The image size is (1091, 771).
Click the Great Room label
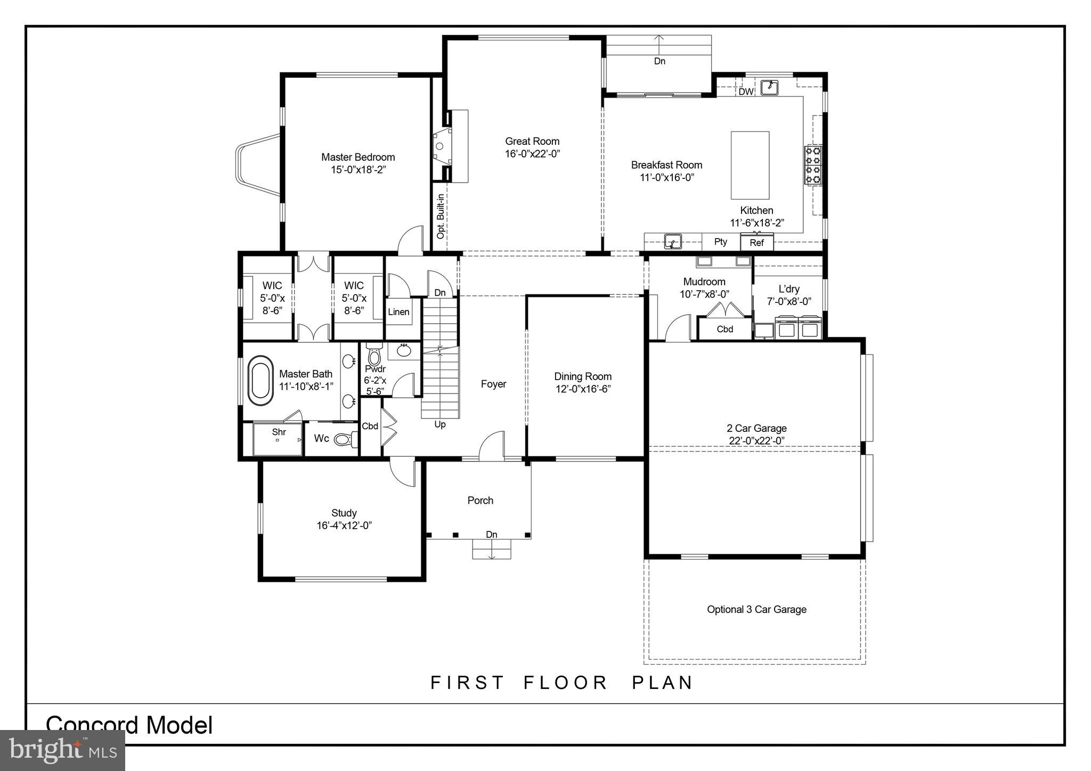[532, 142]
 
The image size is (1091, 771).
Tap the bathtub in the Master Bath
[260, 380]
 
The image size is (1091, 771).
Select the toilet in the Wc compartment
[345, 439]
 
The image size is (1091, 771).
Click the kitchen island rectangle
[750, 165]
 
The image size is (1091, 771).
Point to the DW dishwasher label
[746, 92]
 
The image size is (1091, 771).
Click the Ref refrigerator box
[756, 243]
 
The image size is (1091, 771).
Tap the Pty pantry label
[720, 242]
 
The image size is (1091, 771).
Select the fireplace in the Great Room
[442, 146]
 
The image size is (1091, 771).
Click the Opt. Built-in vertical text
[441, 216]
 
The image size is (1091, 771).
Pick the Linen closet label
[398, 312]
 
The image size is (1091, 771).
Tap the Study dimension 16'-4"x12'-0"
[344, 526]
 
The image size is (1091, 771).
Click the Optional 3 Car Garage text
[756, 610]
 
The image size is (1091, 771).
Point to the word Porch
[480, 501]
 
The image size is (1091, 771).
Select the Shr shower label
[279, 432]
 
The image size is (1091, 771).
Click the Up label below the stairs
[440, 424]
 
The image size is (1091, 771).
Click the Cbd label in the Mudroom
[724, 329]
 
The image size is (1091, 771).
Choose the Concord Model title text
[129, 725]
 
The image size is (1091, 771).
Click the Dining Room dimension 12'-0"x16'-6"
[583, 389]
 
